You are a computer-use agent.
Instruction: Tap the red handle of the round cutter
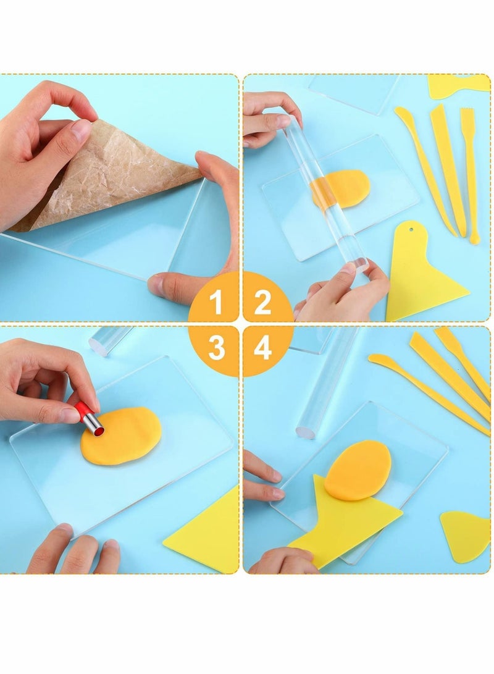coord(83,410)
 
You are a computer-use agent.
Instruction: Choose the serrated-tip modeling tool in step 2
coord(471,173)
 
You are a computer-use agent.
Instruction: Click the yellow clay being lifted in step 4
coord(358,470)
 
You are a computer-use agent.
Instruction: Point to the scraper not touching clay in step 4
coord(466,534)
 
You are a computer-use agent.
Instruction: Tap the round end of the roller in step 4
coord(306,430)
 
